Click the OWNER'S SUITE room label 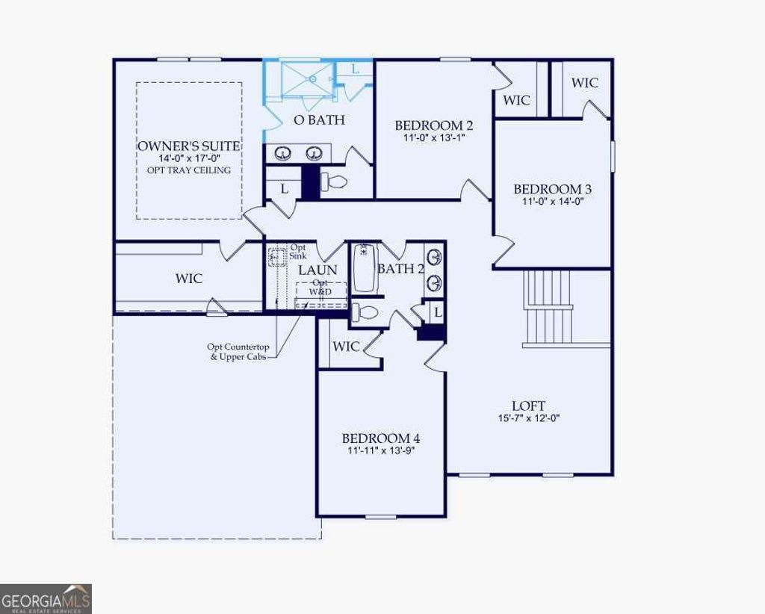188,146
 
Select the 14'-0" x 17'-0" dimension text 188,159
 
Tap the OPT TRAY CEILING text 188,170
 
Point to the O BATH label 319,120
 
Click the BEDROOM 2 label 433,125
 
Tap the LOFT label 529,406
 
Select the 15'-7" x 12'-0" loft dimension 529,418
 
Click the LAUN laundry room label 318,270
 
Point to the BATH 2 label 400,269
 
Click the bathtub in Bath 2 365,268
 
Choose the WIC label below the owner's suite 188,279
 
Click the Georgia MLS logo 46,598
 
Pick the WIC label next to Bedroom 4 345,347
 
